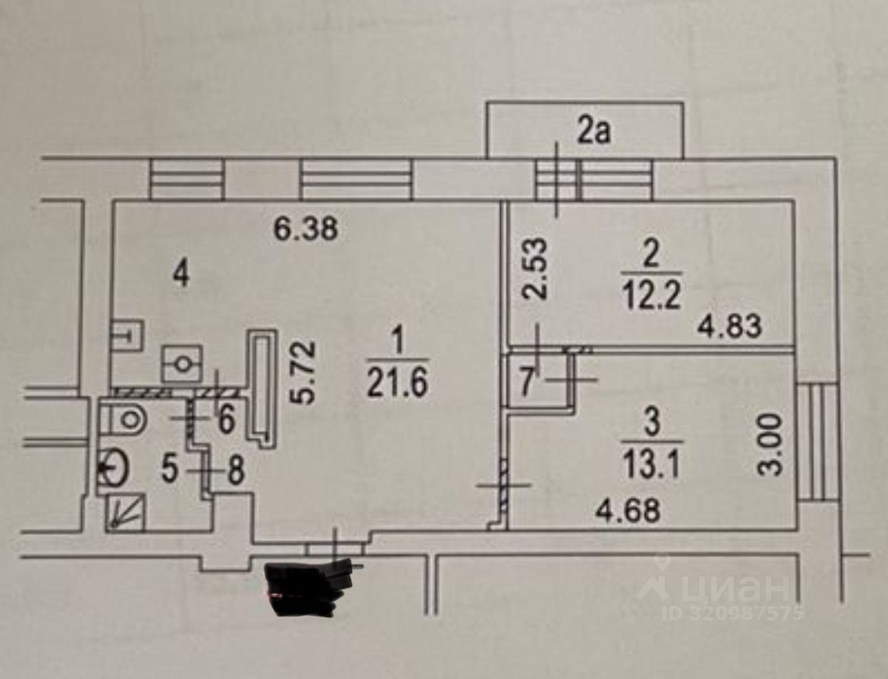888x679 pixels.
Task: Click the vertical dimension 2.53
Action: (x=534, y=270)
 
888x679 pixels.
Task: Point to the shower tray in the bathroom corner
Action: (x=124, y=512)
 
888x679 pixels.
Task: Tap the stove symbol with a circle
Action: (x=182, y=363)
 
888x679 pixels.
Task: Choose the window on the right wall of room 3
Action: (x=818, y=442)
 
